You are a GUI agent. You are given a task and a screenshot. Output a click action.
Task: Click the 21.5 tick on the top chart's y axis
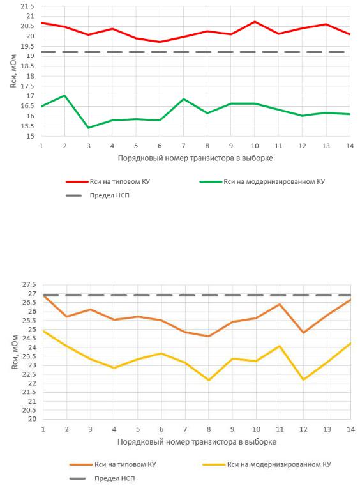(27, 6)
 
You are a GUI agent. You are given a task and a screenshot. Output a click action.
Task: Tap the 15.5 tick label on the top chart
(27, 126)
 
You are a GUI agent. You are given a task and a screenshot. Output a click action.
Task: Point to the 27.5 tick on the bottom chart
(29, 284)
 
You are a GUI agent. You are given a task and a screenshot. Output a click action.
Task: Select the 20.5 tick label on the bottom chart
(29, 410)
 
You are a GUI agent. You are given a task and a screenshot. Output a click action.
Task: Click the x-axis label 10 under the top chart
(255, 146)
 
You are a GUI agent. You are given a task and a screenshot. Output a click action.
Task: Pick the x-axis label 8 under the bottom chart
(209, 429)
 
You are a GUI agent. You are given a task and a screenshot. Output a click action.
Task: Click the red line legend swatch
(77, 182)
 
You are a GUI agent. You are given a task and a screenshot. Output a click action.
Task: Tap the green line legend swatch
(211, 182)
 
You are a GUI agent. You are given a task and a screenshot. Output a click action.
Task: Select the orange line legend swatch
(81, 464)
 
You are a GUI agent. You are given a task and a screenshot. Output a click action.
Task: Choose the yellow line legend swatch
(214, 464)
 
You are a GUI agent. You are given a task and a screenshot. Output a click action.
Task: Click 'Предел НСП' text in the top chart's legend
(109, 195)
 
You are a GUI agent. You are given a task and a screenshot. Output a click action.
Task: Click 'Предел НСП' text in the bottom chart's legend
(115, 478)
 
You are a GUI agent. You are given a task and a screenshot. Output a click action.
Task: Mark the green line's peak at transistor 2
(64, 95)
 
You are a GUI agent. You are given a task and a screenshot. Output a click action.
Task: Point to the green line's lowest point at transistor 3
(89, 128)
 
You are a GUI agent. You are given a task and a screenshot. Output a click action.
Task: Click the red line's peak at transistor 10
(255, 22)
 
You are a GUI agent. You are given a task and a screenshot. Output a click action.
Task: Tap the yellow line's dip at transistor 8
(209, 380)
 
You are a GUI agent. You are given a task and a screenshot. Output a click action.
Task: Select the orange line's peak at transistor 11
(280, 304)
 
